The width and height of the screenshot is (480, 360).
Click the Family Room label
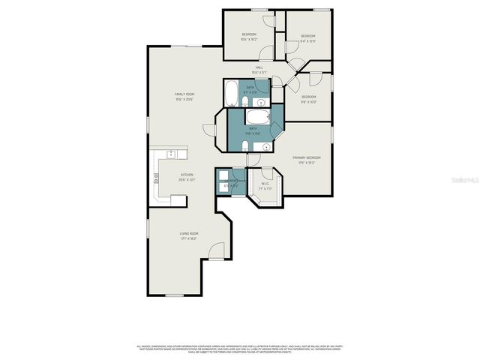(x=184, y=96)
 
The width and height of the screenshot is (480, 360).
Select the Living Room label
(x=188, y=235)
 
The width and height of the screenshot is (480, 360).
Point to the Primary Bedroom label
(x=307, y=159)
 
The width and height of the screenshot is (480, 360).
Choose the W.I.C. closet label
(x=265, y=184)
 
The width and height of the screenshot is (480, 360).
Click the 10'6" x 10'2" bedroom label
(x=249, y=37)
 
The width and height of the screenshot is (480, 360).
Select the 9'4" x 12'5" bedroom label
(x=308, y=38)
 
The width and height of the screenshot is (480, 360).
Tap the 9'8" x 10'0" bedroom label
(x=309, y=99)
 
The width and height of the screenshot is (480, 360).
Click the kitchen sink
(x=171, y=155)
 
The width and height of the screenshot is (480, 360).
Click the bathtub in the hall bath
(x=230, y=94)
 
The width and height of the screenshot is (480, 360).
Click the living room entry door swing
(x=216, y=253)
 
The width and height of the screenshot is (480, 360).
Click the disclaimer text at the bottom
(x=240, y=348)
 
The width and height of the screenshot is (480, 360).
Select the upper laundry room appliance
(x=223, y=176)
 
